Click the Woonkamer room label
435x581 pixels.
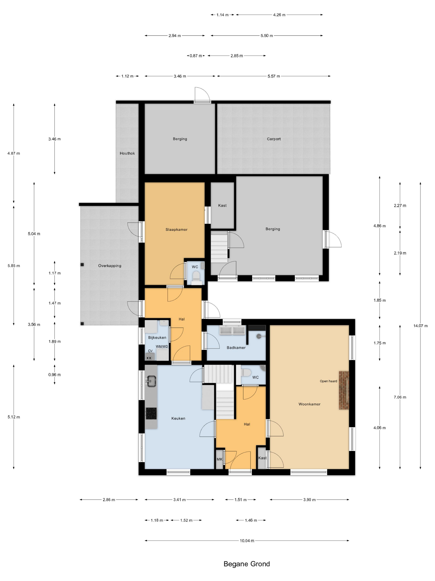(309, 404)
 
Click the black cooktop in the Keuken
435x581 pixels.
(151, 413)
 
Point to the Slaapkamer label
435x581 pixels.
(176, 229)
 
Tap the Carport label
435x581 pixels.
(274, 139)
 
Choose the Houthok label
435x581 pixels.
(127, 153)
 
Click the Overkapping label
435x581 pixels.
(110, 266)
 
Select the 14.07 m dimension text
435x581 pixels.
(420, 326)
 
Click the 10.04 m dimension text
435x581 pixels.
(247, 541)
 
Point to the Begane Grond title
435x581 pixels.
(247, 564)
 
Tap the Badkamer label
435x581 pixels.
(236, 348)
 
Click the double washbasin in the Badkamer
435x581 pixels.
(232, 330)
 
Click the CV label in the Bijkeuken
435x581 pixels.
(150, 351)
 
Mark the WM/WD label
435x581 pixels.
(162, 347)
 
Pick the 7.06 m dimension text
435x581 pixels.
(400, 397)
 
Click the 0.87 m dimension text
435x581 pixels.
(196, 56)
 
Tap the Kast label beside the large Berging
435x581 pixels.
(222, 206)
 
